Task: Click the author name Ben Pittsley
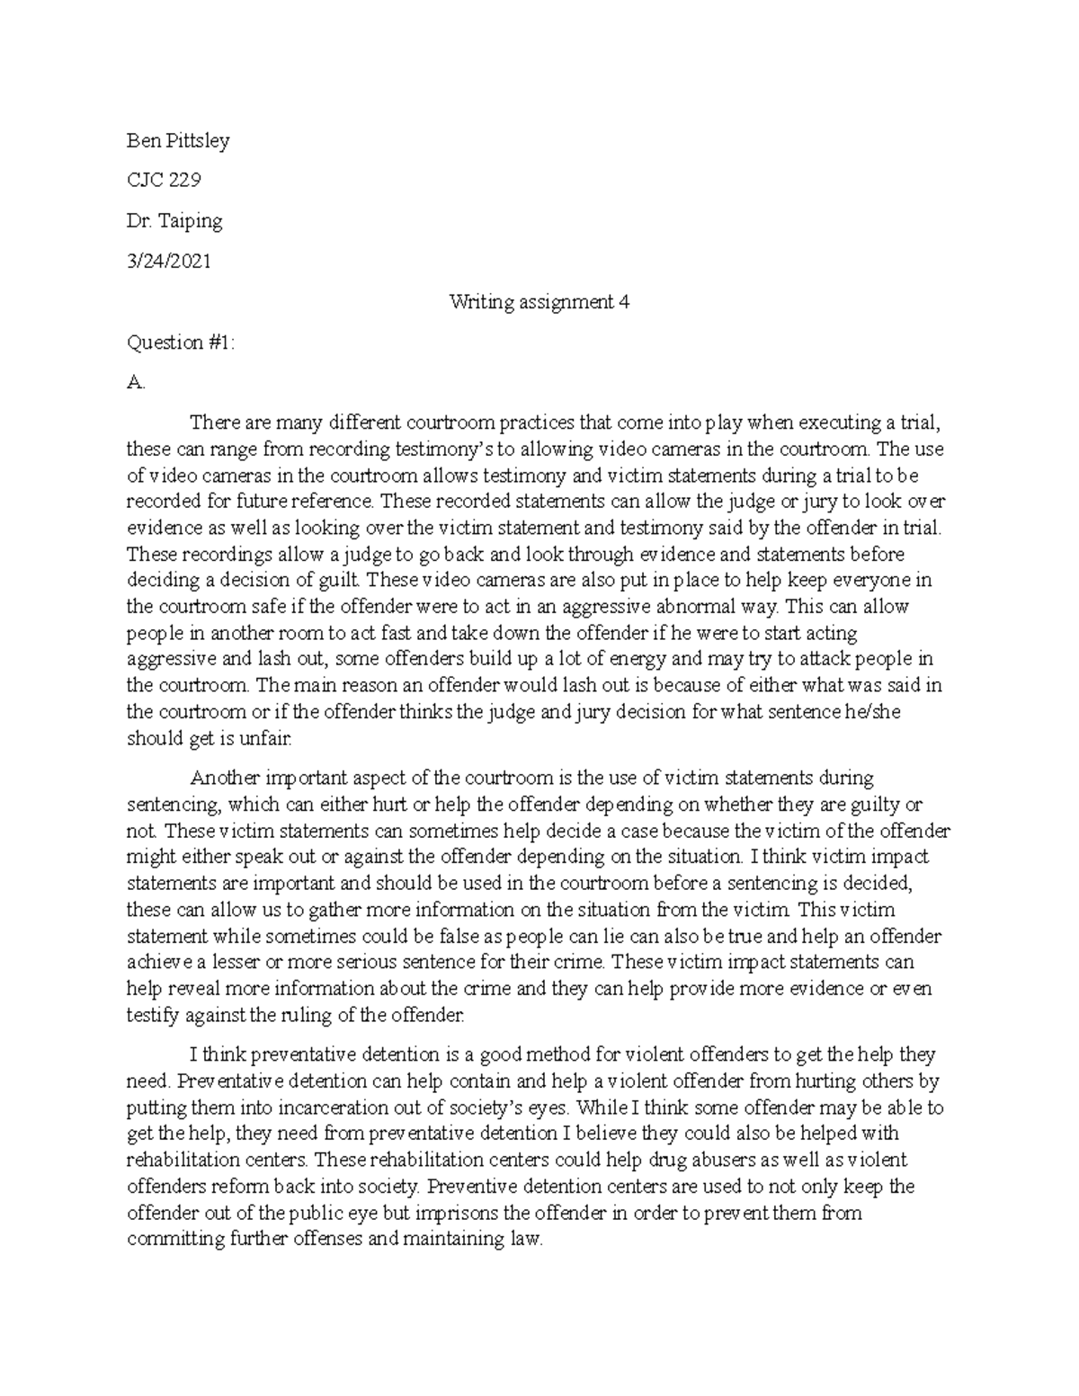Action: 178,141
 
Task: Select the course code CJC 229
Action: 164,181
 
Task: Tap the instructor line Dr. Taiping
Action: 174,221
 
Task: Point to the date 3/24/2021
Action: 169,262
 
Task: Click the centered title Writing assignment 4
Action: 539,302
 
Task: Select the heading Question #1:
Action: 180,342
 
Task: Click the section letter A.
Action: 135,383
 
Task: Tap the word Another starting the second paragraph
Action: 220,778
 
